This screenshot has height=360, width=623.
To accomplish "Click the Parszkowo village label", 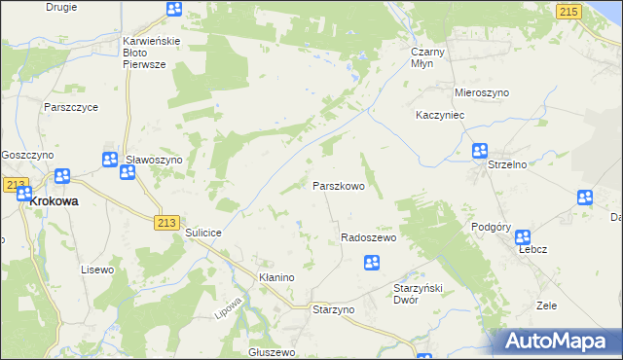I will click(x=338, y=186).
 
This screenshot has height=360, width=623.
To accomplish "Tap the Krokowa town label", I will click(x=55, y=201).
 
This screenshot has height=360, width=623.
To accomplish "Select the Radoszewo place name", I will click(x=368, y=238).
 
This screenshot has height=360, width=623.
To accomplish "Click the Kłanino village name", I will click(x=275, y=277).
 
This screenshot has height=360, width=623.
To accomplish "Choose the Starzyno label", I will click(x=333, y=308).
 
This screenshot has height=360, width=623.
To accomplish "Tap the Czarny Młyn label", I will click(x=428, y=56).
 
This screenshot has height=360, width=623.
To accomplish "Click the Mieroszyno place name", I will click(x=482, y=92).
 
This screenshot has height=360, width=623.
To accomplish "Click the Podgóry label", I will click(x=492, y=226).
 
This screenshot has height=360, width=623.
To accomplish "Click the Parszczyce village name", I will click(x=68, y=108).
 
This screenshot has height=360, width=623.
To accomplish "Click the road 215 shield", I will click(x=569, y=10).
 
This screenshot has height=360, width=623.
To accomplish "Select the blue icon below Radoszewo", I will click(x=371, y=262).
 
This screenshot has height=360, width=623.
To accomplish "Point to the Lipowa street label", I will click(x=227, y=306).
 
